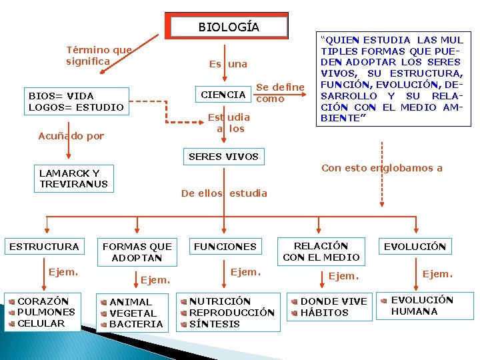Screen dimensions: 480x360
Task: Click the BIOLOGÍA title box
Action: [x=229, y=27]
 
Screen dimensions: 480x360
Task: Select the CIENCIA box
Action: [x=223, y=95]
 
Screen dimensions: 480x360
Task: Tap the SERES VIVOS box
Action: [x=223, y=157]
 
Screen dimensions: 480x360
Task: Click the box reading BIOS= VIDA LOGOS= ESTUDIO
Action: [x=76, y=101]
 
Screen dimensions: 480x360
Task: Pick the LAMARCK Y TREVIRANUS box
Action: [x=73, y=178]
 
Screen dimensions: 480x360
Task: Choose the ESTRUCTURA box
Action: [x=44, y=247]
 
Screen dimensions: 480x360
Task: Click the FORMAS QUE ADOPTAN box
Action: [x=137, y=252]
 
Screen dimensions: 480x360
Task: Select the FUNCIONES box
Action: [x=225, y=247]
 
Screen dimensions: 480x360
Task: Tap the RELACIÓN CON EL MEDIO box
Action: [x=321, y=251]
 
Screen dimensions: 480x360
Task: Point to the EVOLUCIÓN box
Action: [x=414, y=247]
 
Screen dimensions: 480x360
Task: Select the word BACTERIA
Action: [x=136, y=324]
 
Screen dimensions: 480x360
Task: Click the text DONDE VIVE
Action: [x=333, y=301]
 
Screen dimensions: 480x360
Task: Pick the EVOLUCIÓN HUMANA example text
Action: [x=421, y=306]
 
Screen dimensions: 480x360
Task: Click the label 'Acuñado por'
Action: [x=71, y=136]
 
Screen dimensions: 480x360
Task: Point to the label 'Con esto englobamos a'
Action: [x=381, y=168]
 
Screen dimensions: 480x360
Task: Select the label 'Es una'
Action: [x=227, y=65]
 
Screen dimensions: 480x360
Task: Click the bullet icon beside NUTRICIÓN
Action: [x=184, y=302]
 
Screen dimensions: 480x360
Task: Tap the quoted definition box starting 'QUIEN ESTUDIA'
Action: [x=391, y=79]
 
